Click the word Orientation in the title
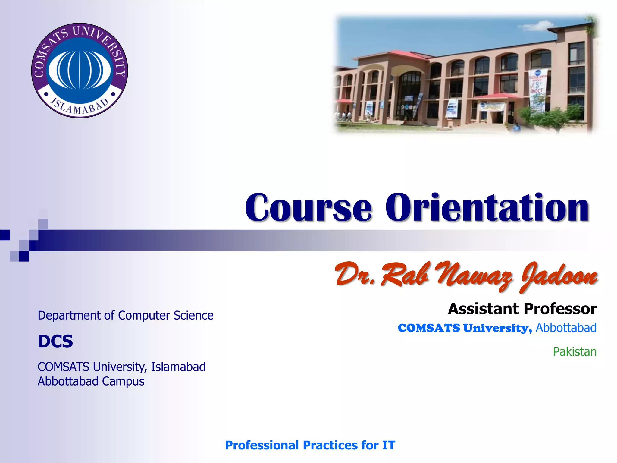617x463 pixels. pos(486,207)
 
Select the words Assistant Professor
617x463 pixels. pos(522,309)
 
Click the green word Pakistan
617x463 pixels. pos(574,352)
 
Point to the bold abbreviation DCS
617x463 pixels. pos(55,341)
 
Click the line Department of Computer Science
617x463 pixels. pos(125,315)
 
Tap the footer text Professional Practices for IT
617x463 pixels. pos(310,445)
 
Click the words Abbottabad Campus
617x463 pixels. pos(91,381)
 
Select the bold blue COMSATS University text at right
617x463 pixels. pos(464,328)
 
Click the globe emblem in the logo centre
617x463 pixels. pos(80,70)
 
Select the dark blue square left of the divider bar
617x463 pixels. pos(5,235)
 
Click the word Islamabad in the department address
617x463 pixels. pos(178,367)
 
